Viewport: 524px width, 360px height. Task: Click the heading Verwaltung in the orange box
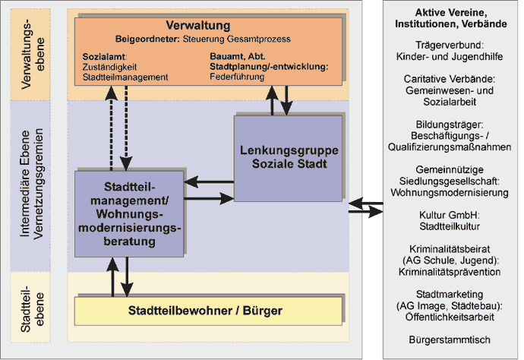198,25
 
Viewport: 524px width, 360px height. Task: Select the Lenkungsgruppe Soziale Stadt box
288,159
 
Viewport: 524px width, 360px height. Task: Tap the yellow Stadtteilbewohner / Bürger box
208,311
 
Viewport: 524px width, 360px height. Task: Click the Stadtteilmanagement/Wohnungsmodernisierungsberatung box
129,214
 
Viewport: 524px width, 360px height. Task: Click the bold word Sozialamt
104,56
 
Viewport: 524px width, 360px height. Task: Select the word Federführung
237,77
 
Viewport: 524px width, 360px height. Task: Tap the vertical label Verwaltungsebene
32,55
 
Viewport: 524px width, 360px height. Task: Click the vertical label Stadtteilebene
32,308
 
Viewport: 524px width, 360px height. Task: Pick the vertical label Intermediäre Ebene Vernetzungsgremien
32,184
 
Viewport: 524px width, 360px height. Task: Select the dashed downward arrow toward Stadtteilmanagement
126,128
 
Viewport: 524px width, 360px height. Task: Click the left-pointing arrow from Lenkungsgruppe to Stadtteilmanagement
209,182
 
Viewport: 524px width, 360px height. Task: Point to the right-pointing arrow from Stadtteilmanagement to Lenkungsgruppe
209,198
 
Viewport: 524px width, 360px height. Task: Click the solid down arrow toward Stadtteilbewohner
127,276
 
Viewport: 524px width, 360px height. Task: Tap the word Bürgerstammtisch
450,340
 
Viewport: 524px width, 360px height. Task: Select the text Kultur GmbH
449,215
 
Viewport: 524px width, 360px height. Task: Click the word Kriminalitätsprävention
450,272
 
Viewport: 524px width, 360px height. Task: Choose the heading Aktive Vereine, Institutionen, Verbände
451,18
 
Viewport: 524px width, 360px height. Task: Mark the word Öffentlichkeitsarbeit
450,317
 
